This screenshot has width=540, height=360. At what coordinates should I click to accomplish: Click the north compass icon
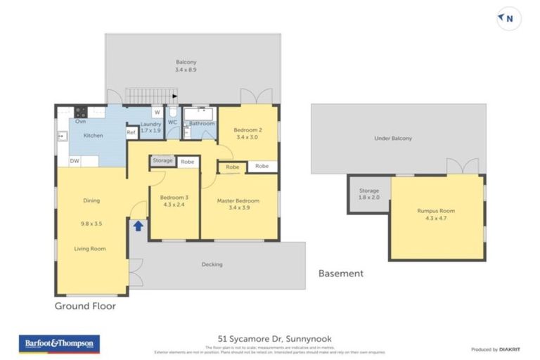click(508, 20)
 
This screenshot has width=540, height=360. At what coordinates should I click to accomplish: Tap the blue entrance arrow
click(139, 226)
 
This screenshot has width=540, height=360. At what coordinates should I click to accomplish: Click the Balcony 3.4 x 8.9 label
click(186, 66)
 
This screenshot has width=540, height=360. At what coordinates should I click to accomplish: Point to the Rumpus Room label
click(436, 214)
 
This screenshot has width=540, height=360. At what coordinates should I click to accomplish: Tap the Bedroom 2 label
click(247, 134)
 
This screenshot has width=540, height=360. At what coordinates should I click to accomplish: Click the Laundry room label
click(151, 128)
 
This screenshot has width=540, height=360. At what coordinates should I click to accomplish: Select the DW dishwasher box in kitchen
click(74, 161)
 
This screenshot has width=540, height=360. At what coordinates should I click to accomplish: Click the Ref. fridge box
click(131, 132)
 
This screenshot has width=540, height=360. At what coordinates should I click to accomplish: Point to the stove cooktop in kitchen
click(81, 111)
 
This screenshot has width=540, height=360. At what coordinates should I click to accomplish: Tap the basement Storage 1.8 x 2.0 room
click(368, 194)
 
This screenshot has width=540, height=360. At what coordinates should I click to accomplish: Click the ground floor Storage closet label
click(163, 161)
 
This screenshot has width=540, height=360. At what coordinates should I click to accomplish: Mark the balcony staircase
click(149, 96)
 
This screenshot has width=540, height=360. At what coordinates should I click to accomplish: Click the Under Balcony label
click(393, 139)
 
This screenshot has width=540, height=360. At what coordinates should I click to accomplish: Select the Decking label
click(212, 264)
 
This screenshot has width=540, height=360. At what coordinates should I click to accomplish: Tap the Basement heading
click(341, 273)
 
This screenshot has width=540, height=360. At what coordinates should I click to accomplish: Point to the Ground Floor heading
click(85, 306)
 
